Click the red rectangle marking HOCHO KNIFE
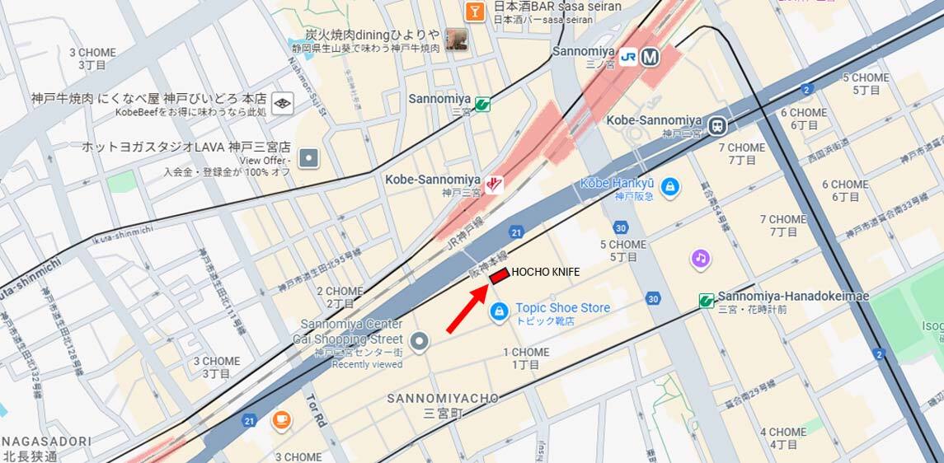(499, 278)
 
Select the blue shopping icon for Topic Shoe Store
(498, 311)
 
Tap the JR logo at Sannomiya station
(629, 57)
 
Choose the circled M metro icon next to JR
(650, 57)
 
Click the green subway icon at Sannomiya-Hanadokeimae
(707, 301)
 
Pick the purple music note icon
(700, 259)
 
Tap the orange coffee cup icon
(281, 420)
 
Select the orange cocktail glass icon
(474, 11)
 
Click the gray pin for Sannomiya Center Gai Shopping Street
(420, 339)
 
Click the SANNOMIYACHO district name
(444, 399)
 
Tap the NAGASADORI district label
(46, 442)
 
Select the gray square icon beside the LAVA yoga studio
(308, 157)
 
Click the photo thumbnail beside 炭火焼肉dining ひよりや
(456, 39)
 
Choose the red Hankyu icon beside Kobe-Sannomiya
(494, 184)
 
